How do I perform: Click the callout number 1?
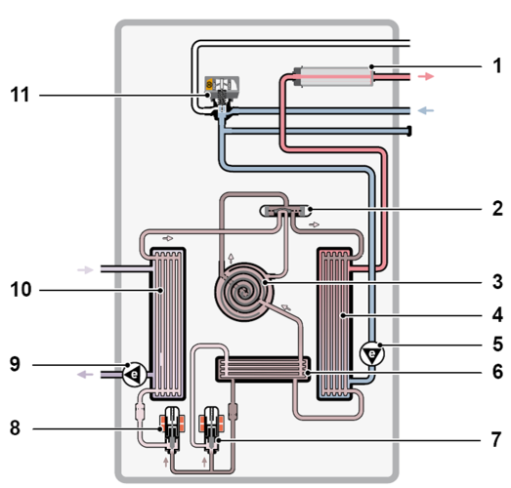[496, 67]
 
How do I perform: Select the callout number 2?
[496, 208]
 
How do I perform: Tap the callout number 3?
[496, 282]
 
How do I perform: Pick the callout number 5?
[496, 344]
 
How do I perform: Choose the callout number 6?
[496, 372]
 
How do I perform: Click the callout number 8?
[13, 427]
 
